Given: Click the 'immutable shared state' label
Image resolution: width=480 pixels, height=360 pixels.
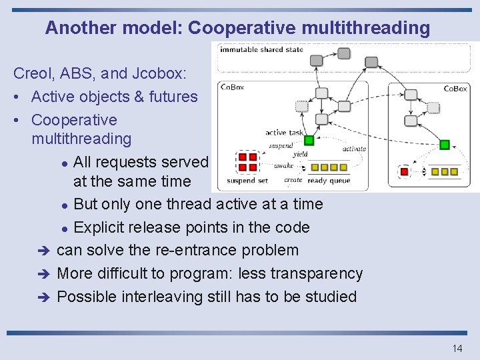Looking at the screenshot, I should pos(261,49).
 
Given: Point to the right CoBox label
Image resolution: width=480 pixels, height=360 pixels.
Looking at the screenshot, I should pos(455,89).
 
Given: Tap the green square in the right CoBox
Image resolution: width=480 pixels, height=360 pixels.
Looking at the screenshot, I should pos(445,144).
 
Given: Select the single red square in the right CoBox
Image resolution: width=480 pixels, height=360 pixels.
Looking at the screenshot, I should pos(404,172).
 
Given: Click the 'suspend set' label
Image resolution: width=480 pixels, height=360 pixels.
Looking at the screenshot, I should pos(247,181).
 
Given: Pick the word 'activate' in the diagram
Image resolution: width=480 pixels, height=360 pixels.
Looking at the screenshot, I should pos(354,149).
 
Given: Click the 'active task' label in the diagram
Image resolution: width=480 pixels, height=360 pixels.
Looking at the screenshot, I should pos(284,133).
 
